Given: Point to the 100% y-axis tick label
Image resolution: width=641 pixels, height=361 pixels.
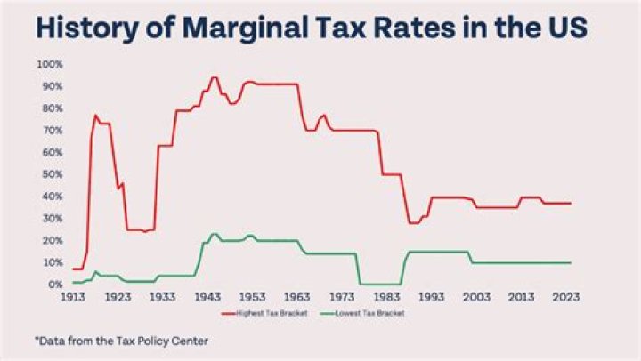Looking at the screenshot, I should click(49, 65).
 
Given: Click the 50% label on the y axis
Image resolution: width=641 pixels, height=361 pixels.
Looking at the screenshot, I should click(51, 174).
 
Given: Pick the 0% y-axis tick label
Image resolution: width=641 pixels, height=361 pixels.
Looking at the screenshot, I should click(53, 285).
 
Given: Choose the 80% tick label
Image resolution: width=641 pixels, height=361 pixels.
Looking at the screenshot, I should click(51, 108).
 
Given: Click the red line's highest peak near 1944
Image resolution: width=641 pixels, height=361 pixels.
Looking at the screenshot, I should click(214, 77).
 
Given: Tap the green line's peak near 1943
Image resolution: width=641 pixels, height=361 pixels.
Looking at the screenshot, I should click(214, 234).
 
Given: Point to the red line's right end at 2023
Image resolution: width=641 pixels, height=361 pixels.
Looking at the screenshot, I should click(571, 203).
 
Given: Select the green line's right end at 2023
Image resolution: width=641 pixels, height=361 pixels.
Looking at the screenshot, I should click(571, 262).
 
